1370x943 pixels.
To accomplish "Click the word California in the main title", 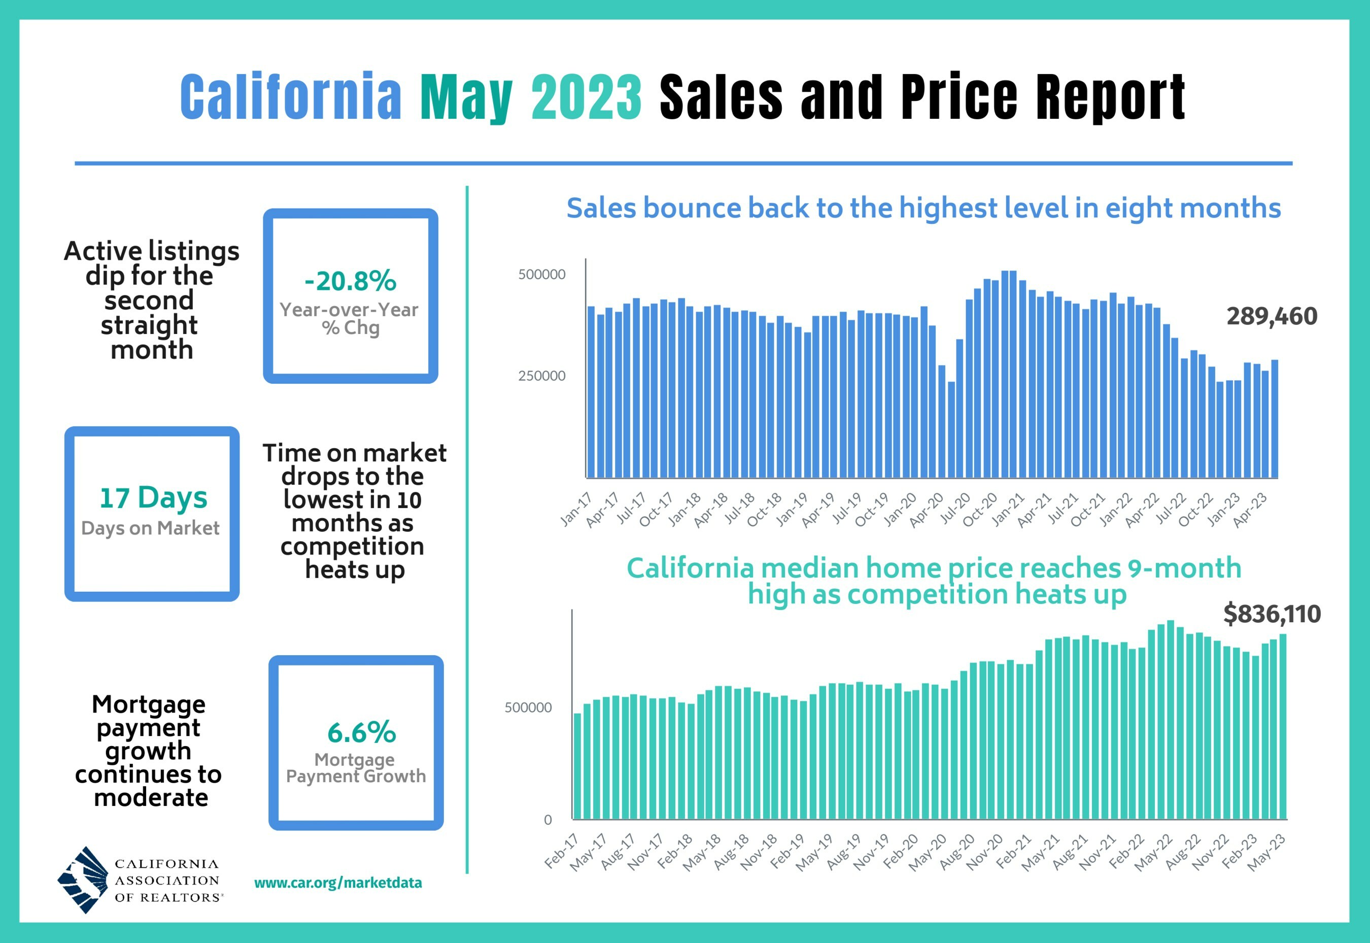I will (291, 96).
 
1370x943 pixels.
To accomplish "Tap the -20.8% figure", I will (350, 281).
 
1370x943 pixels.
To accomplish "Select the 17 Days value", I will (153, 497).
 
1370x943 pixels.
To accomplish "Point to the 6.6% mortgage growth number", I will (362, 733).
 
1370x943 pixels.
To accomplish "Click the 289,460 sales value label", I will (1272, 317).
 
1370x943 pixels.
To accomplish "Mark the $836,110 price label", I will (1272, 615).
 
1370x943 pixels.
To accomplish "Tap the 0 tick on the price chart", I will (547, 820).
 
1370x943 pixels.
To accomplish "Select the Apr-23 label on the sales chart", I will (1251, 510).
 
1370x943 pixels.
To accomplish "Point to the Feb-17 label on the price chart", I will (561, 852).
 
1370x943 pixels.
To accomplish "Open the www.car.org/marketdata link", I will (338, 883).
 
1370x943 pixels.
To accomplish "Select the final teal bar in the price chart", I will (1283, 727).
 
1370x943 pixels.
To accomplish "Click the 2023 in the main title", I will (586, 96).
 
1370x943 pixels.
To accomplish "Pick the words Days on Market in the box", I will (150, 528).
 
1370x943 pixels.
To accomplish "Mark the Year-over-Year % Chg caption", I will (349, 318).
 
